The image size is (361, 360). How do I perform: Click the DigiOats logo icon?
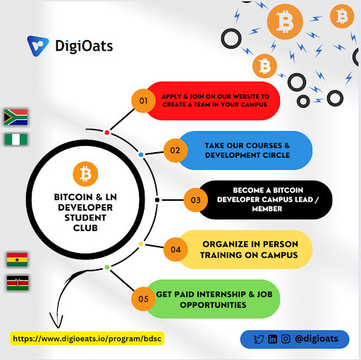point(38,46)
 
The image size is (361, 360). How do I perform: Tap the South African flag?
point(16,117)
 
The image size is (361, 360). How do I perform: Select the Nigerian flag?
point(16,139)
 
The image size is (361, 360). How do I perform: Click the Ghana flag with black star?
point(17,259)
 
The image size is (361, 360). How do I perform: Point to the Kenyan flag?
point(18,283)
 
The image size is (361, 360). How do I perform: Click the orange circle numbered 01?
point(143,101)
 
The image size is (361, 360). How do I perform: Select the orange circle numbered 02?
point(176,150)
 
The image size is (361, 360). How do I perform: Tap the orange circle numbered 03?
point(195,200)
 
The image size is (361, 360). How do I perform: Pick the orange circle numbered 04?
point(176,249)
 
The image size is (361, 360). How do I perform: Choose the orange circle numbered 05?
point(143,299)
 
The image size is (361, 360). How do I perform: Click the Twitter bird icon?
point(259,340)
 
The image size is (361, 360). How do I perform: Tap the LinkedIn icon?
point(272,340)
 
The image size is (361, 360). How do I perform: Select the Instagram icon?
point(286,339)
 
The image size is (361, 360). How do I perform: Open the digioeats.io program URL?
point(87,339)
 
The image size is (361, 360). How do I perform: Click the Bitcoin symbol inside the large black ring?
point(85,174)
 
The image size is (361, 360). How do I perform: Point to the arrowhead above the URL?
point(56,321)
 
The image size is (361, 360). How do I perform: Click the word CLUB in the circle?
point(85,228)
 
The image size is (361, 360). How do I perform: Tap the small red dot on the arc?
point(107,132)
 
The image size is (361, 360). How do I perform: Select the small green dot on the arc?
point(107,267)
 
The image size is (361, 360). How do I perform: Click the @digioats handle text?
point(317,339)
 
